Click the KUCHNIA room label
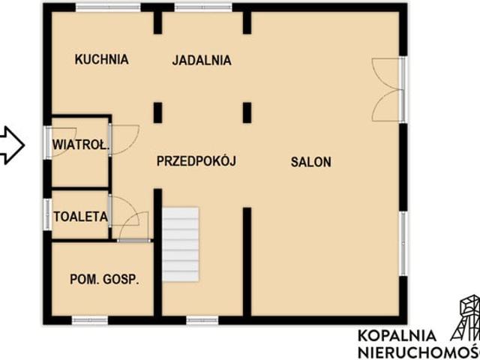(102, 60)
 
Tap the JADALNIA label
(201, 61)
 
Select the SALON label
(311, 161)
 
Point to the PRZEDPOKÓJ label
(196, 160)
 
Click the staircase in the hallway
(181, 244)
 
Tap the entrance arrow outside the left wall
(11, 145)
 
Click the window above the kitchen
(108, 8)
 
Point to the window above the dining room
(204, 8)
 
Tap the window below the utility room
(90, 320)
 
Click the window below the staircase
(202, 320)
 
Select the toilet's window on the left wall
(47, 216)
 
